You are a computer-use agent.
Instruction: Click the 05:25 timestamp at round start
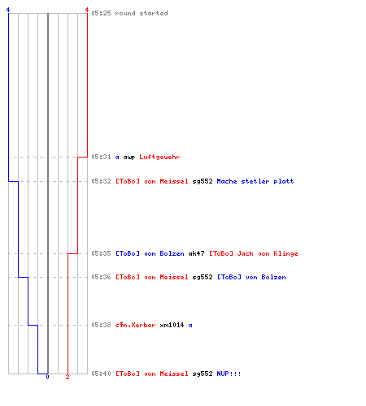point(101,13)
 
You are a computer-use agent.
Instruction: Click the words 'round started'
point(142,13)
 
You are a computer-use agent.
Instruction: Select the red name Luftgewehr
point(159,157)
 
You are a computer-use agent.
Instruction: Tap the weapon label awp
point(129,158)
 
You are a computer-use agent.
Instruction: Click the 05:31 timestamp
point(101,157)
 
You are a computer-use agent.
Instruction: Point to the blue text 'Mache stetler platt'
point(255,181)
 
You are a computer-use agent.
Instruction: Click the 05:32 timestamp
point(101,181)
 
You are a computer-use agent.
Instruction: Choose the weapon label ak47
point(196,253)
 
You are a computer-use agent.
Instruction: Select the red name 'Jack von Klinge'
point(268,253)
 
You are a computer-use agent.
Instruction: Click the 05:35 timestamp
point(101,253)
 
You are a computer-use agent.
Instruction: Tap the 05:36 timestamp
point(101,277)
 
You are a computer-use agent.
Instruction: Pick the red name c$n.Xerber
point(135,325)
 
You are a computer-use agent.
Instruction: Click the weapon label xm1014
point(172,325)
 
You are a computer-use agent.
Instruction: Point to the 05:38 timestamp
point(101,325)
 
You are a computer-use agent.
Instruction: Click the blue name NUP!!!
point(229,374)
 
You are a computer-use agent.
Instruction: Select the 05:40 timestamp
point(101,374)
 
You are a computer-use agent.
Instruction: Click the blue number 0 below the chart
point(47,377)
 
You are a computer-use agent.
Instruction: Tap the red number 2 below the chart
point(68,377)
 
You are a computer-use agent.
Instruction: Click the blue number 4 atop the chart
point(8,10)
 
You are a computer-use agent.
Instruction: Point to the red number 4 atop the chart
point(87,10)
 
